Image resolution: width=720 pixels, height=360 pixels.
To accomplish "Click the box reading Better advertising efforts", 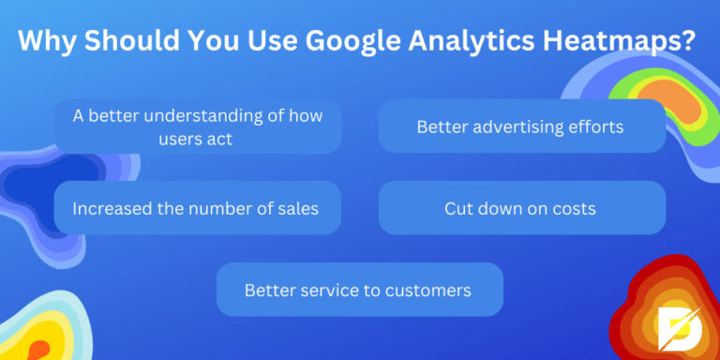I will tap(521, 126).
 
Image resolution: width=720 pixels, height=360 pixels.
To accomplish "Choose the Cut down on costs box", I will tap(521, 207).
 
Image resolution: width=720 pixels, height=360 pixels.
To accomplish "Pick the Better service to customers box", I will tap(359, 290).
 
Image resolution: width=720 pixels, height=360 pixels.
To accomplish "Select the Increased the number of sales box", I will tap(197, 207).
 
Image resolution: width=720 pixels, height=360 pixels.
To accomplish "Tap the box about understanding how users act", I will tap(197, 127).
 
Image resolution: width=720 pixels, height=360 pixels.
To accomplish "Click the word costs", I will tap(575, 207).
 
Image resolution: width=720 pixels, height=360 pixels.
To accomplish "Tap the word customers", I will tap(430, 290).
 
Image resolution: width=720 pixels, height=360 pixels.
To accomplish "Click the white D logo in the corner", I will tap(675, 322).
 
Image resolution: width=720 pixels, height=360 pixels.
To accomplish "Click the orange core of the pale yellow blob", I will tap(37, 349).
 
